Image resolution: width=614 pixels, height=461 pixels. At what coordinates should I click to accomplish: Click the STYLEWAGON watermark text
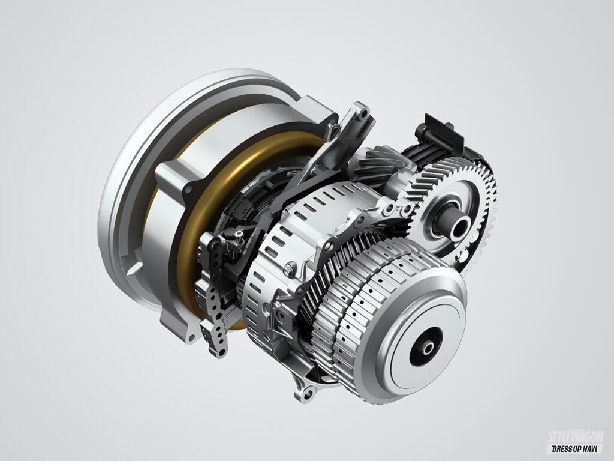(x=575, y=436)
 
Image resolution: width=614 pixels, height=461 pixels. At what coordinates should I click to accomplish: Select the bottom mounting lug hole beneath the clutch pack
(x=308, y=393)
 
